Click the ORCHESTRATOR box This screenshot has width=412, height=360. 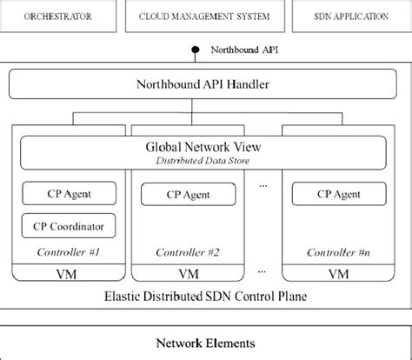pos(61,17)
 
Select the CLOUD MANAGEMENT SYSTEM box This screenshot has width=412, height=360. pos(206,17)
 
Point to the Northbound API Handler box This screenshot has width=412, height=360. pos(205,85)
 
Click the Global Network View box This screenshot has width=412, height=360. pos(205,153)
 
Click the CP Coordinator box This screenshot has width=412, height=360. pos(70,227)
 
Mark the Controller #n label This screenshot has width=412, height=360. pos(336,252)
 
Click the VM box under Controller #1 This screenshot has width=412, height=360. pos(70,273)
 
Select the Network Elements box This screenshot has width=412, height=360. pos(205,341)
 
